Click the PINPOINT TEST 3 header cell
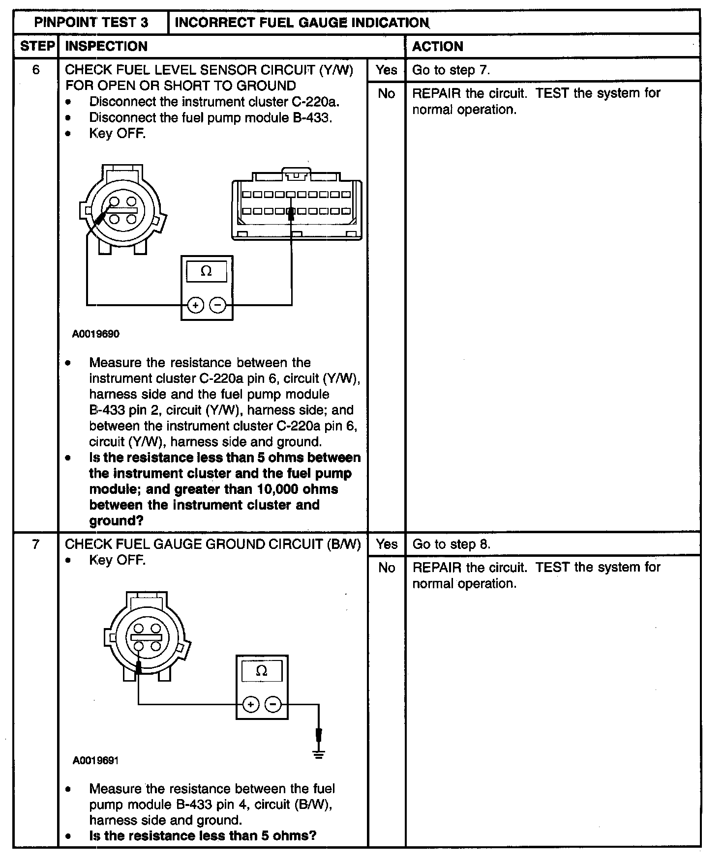tap(91, 23)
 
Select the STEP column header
tap(36, 46)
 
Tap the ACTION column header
tap(437, 46)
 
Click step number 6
tap(36, 70)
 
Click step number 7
tap(35, 544)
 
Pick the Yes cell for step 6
tap(386, 70)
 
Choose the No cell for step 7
tap(387, 568)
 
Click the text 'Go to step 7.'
tap(451, 70)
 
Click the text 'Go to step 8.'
tap(451, 544)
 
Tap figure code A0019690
tap(95, 334)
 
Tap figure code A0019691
tap(95, 760)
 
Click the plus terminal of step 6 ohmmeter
tap(196, 306)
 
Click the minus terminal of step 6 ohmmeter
tap(217, 306)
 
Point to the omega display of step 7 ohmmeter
tap(262, 671)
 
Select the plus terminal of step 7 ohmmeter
tap(251, 705)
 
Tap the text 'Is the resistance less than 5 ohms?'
tap(203, 835)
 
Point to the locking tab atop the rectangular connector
tap(296, 173)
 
